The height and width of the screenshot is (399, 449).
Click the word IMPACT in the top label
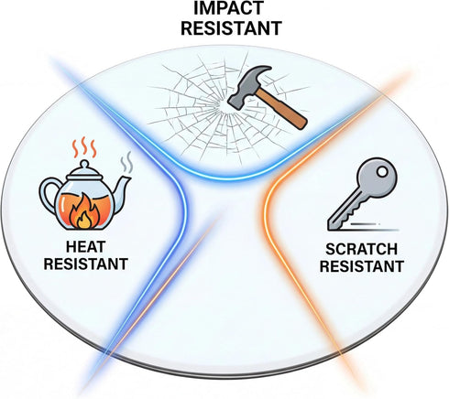point(228,8)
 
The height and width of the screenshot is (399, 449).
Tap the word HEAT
point(86,247)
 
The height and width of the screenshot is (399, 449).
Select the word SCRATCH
point(362,249)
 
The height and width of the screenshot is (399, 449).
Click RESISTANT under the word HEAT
point(86,264)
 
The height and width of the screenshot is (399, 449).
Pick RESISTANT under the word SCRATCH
point(362,266)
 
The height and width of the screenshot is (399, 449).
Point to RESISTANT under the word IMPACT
point(231,28)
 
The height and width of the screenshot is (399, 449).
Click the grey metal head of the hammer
point(248,87)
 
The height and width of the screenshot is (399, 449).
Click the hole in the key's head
point(382,172)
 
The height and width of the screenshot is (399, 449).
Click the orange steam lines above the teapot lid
point(84,148)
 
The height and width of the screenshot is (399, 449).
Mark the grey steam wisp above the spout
point(126,162)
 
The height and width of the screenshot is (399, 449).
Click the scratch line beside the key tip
point(374,227)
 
